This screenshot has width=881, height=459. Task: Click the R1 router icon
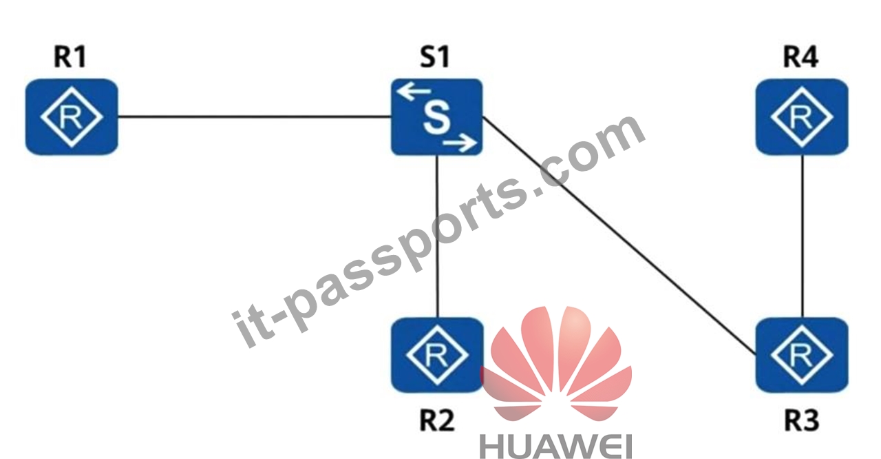point(72,117)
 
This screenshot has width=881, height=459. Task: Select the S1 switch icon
point(436,117)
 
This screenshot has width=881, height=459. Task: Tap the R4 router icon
point(802,117)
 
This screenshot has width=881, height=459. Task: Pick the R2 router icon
point(437,355)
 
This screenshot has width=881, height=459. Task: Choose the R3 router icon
point(802,355)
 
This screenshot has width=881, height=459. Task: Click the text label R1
point(70,57)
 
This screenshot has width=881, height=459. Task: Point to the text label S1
point(434,57)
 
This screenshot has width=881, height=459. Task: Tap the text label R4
point(800,57)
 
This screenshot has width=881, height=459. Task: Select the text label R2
point(437,420)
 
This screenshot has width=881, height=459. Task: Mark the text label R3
point(802,420)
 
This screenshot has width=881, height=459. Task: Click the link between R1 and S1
point(254,116)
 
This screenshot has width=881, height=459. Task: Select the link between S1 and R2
point(437,236)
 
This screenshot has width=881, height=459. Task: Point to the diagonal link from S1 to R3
point(619,234)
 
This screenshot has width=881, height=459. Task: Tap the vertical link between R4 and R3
point(803,236)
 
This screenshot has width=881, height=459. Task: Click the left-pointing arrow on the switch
point(414,92)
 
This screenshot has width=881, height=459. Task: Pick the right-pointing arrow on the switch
point(460,143)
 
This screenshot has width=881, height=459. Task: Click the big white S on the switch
point(436,117)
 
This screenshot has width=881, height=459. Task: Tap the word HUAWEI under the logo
point(555,447)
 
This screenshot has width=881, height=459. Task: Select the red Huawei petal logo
point(555,364)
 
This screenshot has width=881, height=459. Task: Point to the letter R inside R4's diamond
point(801,117)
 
